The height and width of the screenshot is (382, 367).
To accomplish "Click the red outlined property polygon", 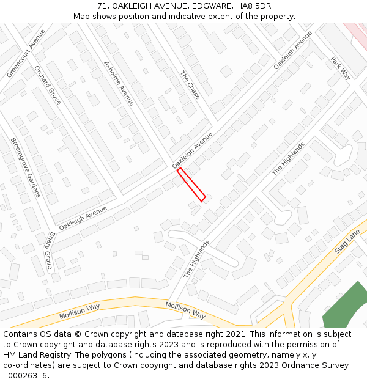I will click(191, 184).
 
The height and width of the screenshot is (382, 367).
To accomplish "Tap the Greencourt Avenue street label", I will click(26, 53).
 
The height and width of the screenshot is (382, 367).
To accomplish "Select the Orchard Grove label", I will click(47, 84).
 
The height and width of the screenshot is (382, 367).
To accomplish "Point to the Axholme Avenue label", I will click(119, 83).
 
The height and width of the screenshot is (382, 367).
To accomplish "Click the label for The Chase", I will click(190, 85).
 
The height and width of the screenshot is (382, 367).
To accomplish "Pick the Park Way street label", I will click(340, 68).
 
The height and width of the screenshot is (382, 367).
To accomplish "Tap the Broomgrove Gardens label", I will click(25, 167).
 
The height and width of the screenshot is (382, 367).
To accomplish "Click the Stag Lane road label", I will click(348, 242).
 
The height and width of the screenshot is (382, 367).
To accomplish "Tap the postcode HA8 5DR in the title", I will click(251, 6).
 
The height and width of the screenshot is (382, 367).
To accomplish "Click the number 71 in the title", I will click(102, 6).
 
